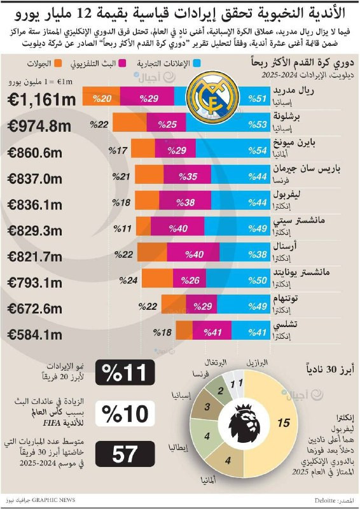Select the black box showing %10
tap(125, 413)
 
